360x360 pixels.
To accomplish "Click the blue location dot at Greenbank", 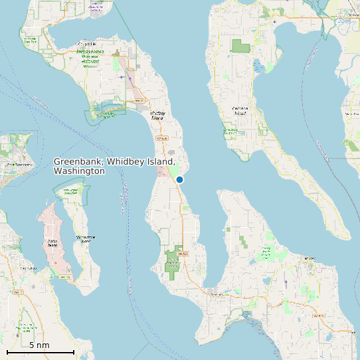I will (179, 179).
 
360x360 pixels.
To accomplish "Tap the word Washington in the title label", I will (79, 171).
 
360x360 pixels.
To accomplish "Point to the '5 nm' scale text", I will (39, 345).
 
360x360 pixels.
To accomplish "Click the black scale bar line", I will (40, 351).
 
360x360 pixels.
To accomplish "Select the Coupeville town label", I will (86, 45).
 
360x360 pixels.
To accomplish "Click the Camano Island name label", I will (240, 110).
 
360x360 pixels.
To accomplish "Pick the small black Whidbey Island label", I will (157, 116).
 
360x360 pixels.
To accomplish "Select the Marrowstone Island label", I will (83, 238).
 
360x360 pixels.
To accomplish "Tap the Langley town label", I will (310, 258).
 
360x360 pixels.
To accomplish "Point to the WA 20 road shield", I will (139, 100).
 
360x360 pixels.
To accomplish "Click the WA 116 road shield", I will (64, 276).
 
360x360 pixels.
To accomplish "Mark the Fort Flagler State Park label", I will (70, 191).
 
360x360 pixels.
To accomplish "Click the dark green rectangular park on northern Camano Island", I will (240, 46).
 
